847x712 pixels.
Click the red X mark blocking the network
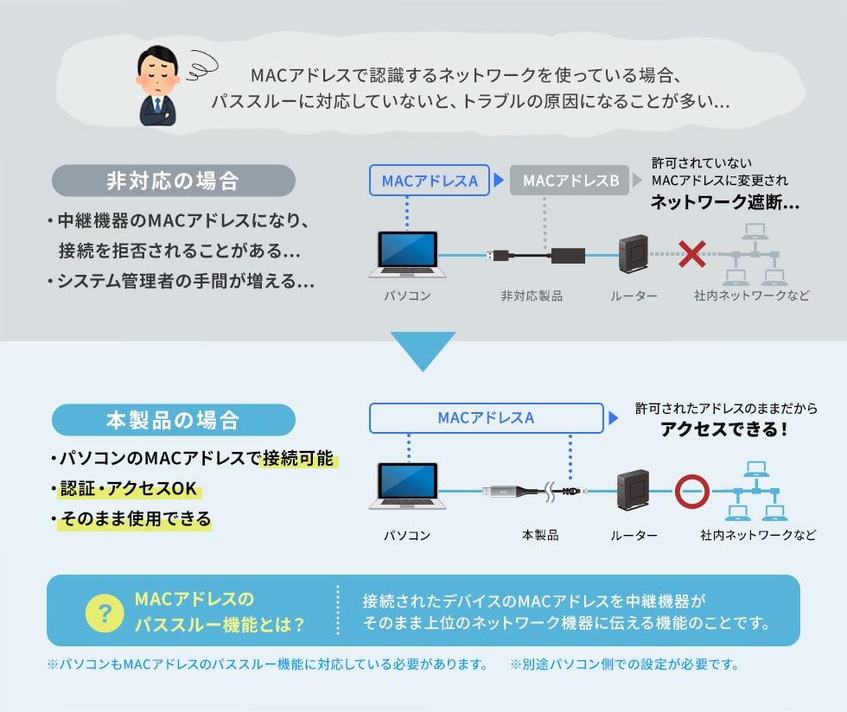(x=692, y=254)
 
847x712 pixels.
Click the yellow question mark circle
(x=105, y=613)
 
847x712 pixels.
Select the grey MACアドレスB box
(x=570, y=181)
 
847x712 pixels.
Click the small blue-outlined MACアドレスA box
(x=430, y=181)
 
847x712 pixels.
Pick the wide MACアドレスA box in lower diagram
(x=486, y=417)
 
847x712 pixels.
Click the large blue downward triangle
(x=423, y=351)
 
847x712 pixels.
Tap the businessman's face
(x=157, y=74)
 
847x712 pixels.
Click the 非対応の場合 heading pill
(x=174, y=181)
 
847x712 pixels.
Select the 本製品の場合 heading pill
(x=174, y=420)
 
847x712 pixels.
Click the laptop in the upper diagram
(x=408, y=254)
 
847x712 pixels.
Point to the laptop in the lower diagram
(x=408, y=486)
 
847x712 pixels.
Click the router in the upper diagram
(x=634, y=254)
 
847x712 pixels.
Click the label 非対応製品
(x=532, y=296)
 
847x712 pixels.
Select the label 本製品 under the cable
(x=540, y=535)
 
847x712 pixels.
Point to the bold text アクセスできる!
(x=724, y=429)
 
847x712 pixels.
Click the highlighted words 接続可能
(x=298, y=458)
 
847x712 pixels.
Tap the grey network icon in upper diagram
(x=755, y=254)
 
